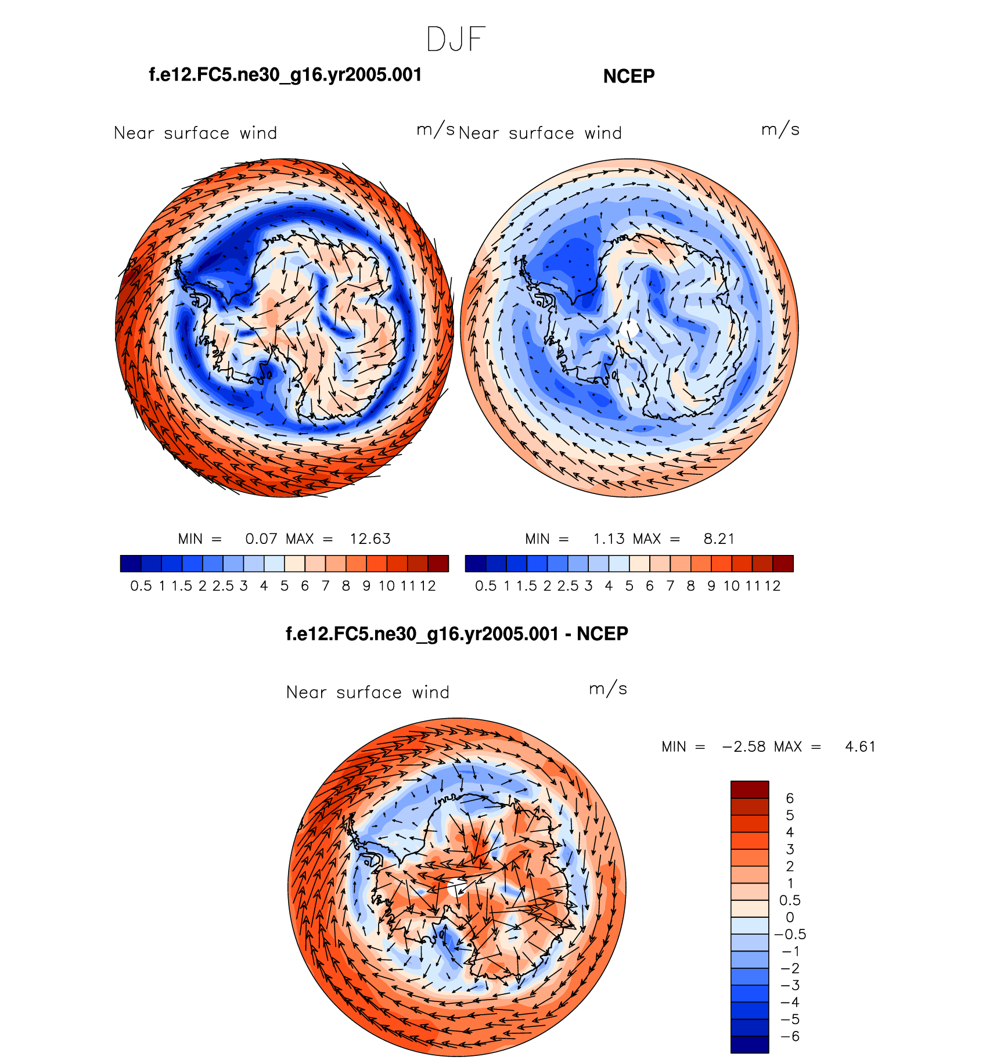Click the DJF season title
(x=455, y=39)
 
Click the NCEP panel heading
(x=629, y=76)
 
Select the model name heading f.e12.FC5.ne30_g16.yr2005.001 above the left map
(x=285, y=75)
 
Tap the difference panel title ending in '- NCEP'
(x=457, y=633)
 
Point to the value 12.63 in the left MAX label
(x=370, y=539)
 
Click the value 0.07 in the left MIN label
(x=261, y=539)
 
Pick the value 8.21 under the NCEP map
(x=719, y=539)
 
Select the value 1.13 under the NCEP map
(x=609, y=539)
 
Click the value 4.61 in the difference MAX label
(x=860, y=747)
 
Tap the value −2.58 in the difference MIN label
(x=743, y=747)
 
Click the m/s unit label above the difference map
(x=608, y=689)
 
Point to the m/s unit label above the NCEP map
(x=780, y=130)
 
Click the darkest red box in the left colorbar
(x=438, y=564)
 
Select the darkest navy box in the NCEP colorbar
(x=475, y=564)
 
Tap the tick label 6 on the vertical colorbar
(x=790, y=798)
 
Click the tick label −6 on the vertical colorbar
(x=790, y=1036)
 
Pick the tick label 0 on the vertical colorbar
(x=790, y=917)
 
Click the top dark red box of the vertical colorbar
(x=750, y=789)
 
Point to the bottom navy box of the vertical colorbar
(x=750, y=1044)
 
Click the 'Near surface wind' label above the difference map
(x=368, y=692)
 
